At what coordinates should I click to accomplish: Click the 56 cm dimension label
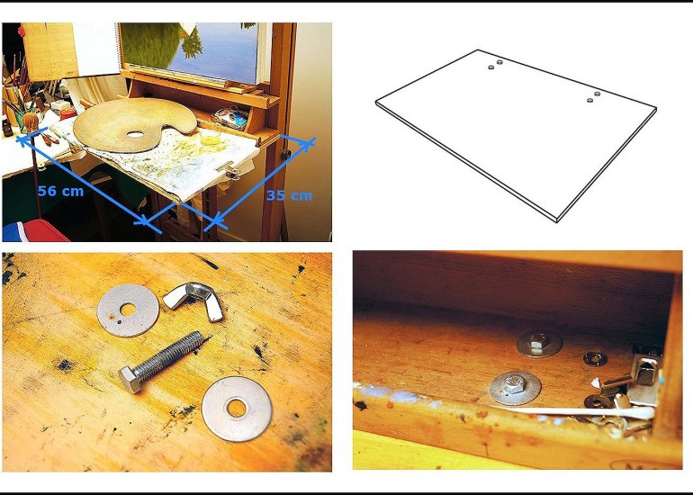coord(60,191)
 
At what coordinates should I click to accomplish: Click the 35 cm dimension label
coord(290,195)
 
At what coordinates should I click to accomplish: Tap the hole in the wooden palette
coord(136,134)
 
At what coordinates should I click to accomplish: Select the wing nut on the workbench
coord(193,301)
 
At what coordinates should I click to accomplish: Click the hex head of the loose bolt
coord(130,379)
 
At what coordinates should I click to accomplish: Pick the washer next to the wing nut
coord(128,310)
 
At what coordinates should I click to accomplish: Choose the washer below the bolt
coord(237,409)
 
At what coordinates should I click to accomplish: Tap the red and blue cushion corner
coord(33,230)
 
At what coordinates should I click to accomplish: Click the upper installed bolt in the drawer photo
coord(539,343)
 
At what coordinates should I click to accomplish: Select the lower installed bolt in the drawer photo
coord(515,387)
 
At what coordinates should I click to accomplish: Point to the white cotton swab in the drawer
coord(583,411)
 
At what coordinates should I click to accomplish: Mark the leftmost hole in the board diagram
coord(491,67)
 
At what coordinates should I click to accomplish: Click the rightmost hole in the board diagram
coord(598,94)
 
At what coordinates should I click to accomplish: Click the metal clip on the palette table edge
coord(229,169)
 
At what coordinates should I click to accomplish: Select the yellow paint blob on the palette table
coord(209,138)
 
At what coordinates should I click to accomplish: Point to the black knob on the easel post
coord(286,155)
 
